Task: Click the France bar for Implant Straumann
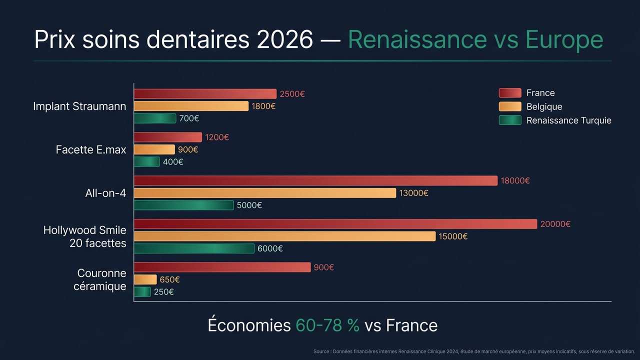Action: pyautogui.click(x=205, y=93)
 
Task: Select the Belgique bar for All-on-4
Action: pyautogui.click(x=264, y=193)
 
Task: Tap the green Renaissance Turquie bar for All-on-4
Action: pyautogui.click(x=183, y=205)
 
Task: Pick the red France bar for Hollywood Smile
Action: pyautogui.click(x=335, y=224)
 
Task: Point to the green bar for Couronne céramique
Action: pyautogui.click(x=142, y=292)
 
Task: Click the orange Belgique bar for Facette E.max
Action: pyautogui.click(x=154, y=149)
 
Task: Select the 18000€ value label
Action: pyautogui.click(x=515, y=181)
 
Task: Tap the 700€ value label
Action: pyautogui.click(x=189, y=118)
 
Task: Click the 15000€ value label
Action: pyautogui.click(x=453, y=236)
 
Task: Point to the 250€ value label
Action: pyautogui.click(x=163, y=292)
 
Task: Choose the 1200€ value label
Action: pyautogui.click(x=216, y=137)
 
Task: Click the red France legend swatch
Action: pyautogui.click(x=510, y=93)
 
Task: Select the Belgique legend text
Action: pyautogui.click(x=544, y=106)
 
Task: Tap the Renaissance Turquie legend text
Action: pyautogui.click(x=568, y=120)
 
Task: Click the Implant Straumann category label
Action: pyautogui.click(x=79, y=106)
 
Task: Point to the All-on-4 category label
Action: pyautogui.click(x=105, y=193)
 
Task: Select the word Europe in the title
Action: pyautogui.click(x=564, y=39)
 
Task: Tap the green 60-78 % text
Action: pyautogui.click(x=327, y=325)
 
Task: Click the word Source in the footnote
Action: pyautogui.click(x=321, y=351)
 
